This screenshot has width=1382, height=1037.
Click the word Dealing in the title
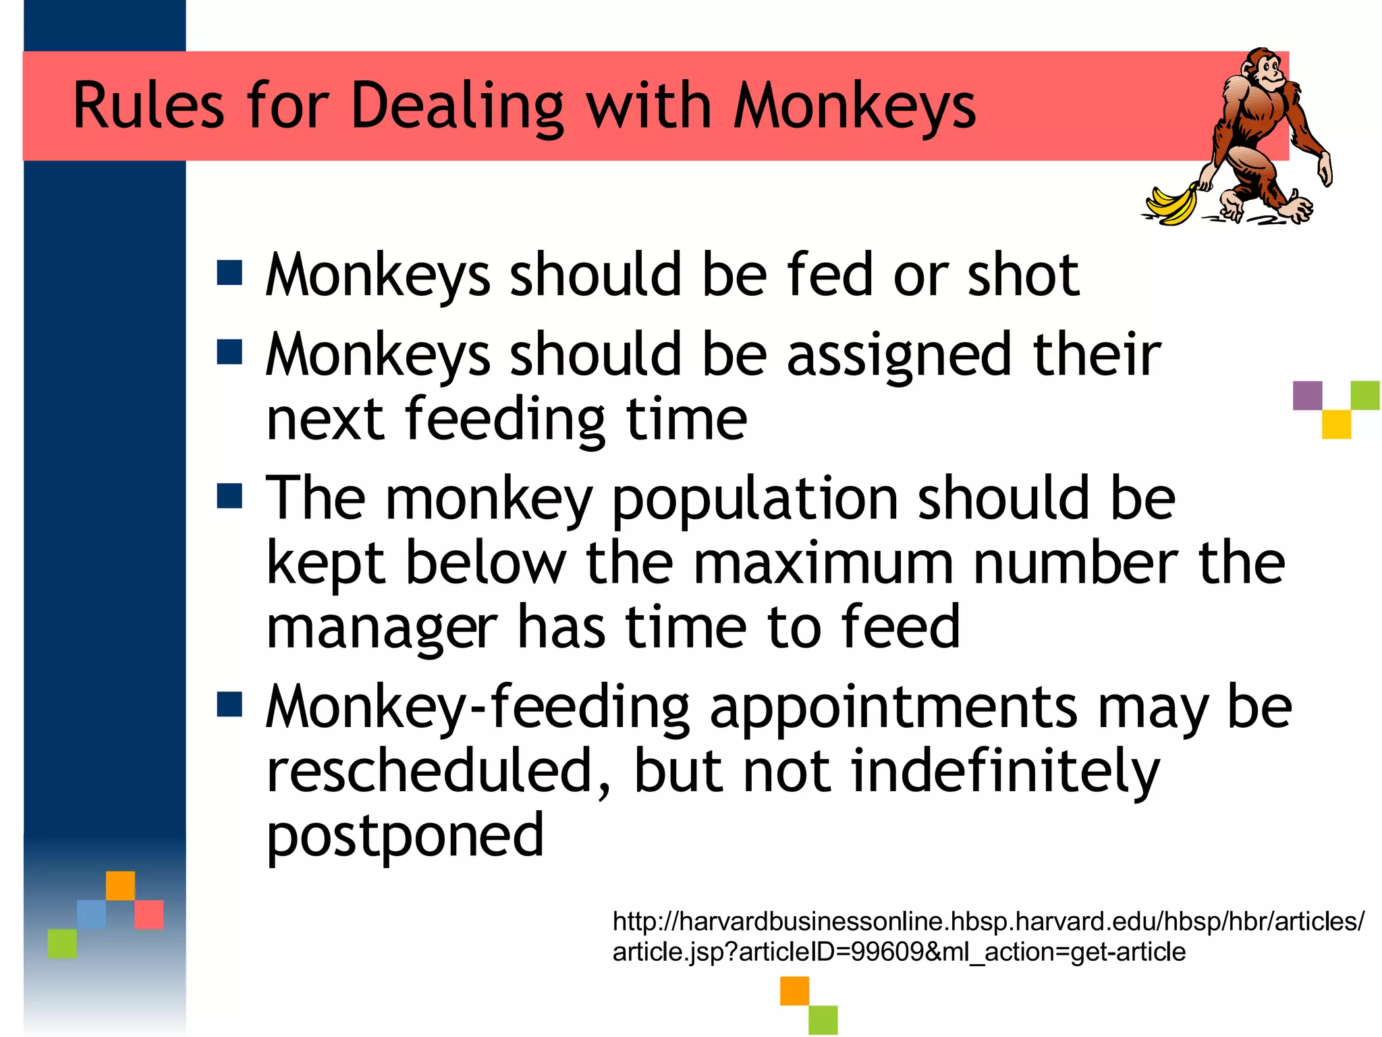[x=457, y=107]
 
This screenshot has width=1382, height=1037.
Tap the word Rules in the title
[x=148, y=107]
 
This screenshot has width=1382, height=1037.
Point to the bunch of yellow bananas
[x=1171, y=205]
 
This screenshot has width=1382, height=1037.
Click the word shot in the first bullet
[x=1023, y=275]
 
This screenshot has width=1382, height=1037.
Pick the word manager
[x=381, y=628]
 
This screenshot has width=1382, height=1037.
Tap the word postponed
[x=405, y=837]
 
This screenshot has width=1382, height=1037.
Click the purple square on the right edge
[x=1307, y=396]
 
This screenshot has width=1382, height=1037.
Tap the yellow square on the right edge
[x=1336, y=425]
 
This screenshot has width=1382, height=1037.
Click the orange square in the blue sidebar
[x=120, y=885]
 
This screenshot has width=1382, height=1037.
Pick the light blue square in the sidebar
[x=91, y=914]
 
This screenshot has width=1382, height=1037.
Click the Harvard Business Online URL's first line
[x=988, y=921]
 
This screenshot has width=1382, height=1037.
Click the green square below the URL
[x=823, y=1019]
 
